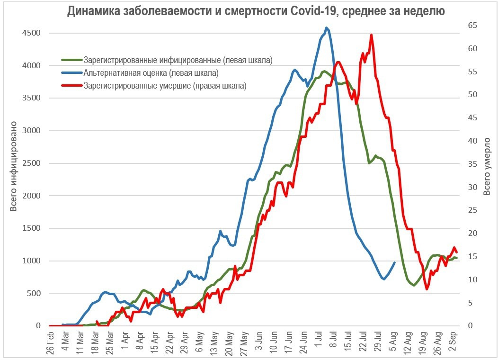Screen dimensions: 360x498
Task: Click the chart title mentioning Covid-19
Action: (x=256, y=11)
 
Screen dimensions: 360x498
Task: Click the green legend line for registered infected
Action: (x=72, y=60)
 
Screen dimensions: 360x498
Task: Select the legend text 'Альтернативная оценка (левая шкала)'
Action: (x=151, y=73)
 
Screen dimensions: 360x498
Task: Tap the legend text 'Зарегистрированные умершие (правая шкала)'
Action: (x=165, y=86)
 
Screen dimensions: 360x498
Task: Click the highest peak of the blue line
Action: (x=327, y=28)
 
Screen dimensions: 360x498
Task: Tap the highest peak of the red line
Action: (x=372, y=35)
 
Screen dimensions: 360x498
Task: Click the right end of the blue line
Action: (x=394, y=262)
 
